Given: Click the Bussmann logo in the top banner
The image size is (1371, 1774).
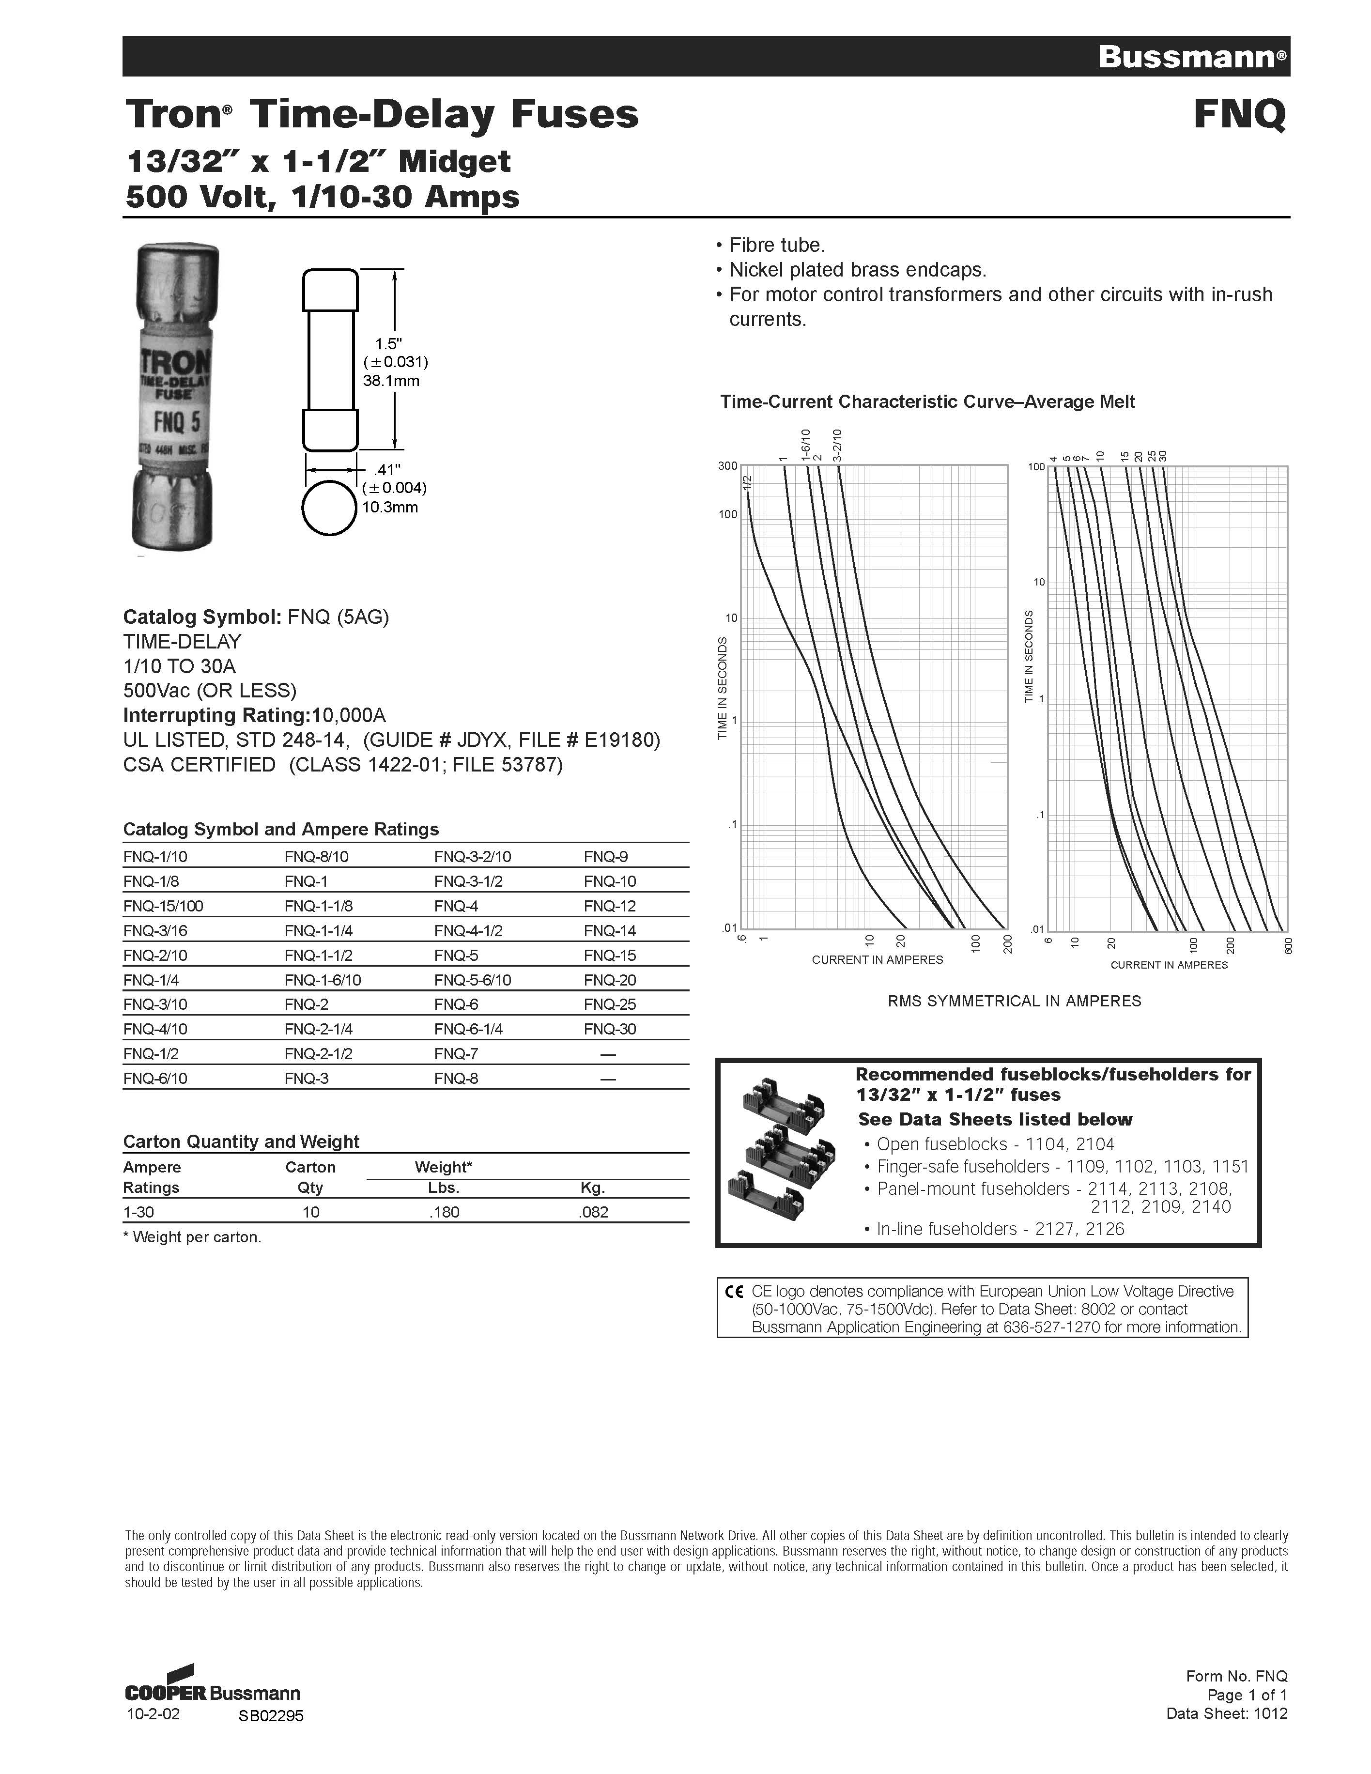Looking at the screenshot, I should point(1191,57).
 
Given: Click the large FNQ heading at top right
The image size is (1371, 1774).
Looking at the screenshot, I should point(1239,114).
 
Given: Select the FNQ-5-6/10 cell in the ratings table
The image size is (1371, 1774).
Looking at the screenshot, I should point(473,980).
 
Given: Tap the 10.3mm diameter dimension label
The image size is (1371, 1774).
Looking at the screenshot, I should point(390,507).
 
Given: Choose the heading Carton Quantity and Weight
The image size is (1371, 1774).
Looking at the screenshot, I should point(240,1141).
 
